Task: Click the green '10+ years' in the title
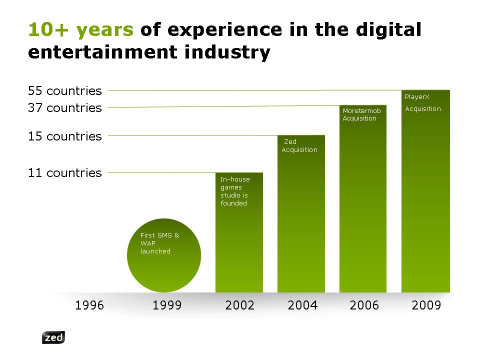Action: pyautogui.click(x=81, y=30)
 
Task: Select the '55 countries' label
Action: pyautogui.click(x=64, y=91)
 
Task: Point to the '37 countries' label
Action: pyautogui.click(x=64, y=108)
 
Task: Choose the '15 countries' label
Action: pyautogui.click(x=64, y=136)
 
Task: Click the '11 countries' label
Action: pyautogui.click(x=64, y=173)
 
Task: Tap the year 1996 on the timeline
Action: pyautogui.click(x=89, y=305)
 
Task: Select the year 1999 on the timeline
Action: pyautogui.click(x=167, y=305)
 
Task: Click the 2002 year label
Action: pyautogui.click(x=240, y=305)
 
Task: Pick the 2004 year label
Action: pyautogui.click(x=302, y=305)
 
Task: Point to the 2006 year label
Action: pyautogui.click(x=364, y=305)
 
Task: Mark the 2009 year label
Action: pyautogui.click(x=426, y=305)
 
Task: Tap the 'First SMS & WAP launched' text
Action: pyautogui.click(x=159, y=243)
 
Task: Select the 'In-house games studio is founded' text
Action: pyautogui.click(x=235, y=191)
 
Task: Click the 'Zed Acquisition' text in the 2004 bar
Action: pyautogui.click(x=299, y=145)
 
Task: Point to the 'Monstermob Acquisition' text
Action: pyautogui.click(x=361, y=114)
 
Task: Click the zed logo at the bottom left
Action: pyautogui.click(x=53, y=337)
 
